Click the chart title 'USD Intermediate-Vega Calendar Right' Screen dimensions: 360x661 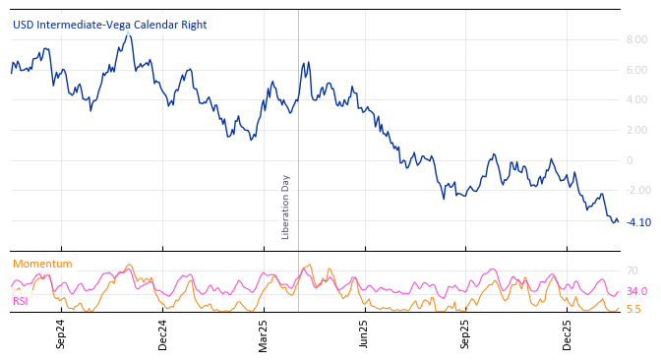tap(110, 25)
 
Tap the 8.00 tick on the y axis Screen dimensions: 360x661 tap(636, 39)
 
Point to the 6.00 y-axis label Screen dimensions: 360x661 tap(636, 70)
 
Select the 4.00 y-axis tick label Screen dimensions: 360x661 tap(636, 99)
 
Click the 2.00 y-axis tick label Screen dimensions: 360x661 tap(636, 130)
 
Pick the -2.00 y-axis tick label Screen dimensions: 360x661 tap(634, 190)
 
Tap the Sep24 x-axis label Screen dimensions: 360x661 tap(61, 333)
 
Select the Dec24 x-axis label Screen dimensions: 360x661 tap(162, 333)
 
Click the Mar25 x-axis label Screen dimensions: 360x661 tap(263, 333)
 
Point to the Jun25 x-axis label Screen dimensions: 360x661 tap(364, 333)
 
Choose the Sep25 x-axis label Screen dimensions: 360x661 tap(465, 333)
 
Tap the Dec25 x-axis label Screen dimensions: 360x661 tap(567, 333)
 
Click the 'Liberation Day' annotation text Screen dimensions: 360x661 tap(286, 207)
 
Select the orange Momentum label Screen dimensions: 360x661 tap(42, 264)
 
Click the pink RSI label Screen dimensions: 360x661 tap(21, 301)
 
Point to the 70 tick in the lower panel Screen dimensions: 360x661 tap(632, 270)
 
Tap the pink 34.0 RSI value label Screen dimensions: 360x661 tap(636, 291)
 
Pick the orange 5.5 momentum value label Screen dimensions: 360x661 tap(633, 309)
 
